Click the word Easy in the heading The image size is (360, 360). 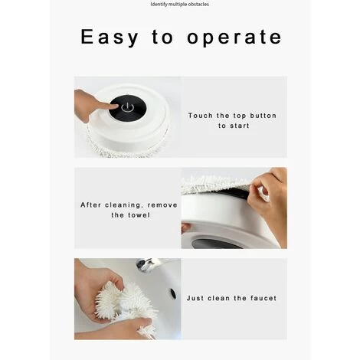click(x=110, y=38)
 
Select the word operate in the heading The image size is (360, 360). click(x=234, y=38)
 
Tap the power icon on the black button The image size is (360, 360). click(x=127, y=107)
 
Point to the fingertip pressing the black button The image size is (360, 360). click(x=113, y=106)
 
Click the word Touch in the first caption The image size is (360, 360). click(x=201, y=116)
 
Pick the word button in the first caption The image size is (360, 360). click(x=263, y=116)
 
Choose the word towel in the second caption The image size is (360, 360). click(x=138, y=215)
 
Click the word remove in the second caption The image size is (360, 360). click(x=162, y=205)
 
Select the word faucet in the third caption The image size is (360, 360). click(x=263, y=298)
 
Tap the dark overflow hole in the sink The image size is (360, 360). click(x=173, y=293)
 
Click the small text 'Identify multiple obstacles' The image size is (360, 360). click(x=180, y=5)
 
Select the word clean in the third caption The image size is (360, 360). click(x=218, y=298)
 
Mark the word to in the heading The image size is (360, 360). click(x=162, y=38)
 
